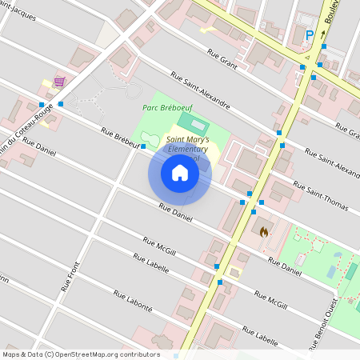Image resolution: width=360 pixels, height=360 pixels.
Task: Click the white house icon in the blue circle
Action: [x=179, y=174]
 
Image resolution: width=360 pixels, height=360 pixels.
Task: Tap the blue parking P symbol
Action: [x=310, y=34]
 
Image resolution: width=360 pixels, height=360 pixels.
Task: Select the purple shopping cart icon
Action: [x=59, y=82]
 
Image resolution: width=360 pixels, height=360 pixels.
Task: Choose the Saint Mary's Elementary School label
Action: [x=186, y=148]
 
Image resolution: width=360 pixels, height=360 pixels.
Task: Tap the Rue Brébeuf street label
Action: [x=120, y=137]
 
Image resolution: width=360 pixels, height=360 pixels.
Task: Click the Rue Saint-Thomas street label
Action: [x=321, y=196]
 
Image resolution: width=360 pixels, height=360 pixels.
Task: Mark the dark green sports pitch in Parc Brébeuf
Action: [x=191, y=123]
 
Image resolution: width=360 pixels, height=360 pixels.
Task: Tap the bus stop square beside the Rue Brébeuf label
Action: [x=143, y=146]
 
